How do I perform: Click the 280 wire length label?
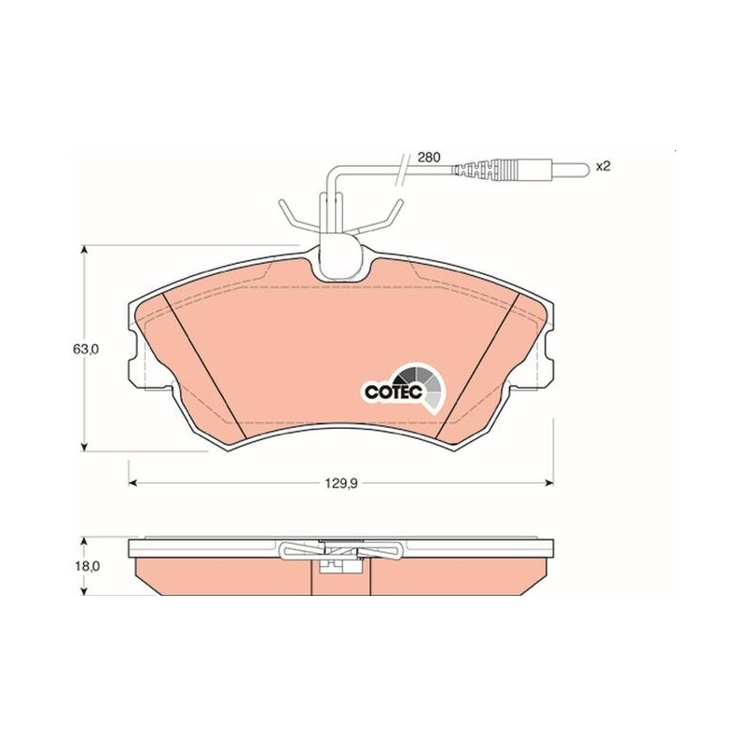coord(429,158)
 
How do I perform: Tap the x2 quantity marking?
coord(602,166)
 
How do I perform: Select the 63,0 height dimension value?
coord(85,349)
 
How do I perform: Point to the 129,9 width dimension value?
coord(341,483)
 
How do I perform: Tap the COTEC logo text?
coord(394,392)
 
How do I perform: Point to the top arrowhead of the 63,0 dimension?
coord(85,250)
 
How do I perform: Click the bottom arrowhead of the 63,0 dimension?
coord(85,447)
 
